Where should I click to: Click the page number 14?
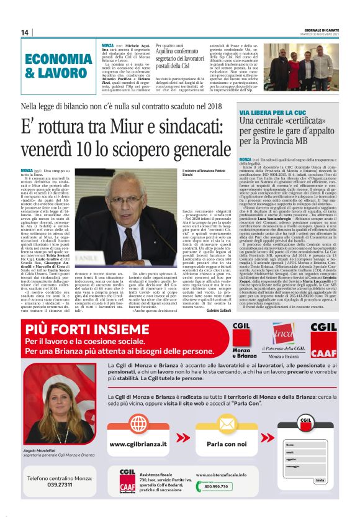click(x=25, y=33)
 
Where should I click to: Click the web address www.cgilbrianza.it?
click(x=138, y=444)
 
